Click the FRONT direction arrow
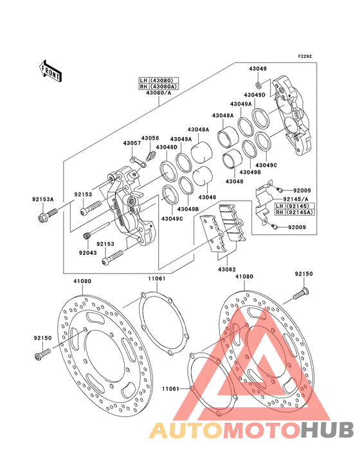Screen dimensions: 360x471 (50, 71)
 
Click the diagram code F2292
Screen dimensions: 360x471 (305, 56)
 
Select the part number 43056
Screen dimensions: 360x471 (150, 138)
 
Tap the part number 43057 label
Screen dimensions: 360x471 (132, 143)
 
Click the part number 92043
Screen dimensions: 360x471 (88, 253)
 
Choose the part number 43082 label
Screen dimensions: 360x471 (227, 270)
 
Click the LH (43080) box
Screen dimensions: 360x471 (159, 80)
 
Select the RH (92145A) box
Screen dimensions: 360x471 (295, 212)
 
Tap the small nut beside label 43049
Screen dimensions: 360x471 (258, 84)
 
